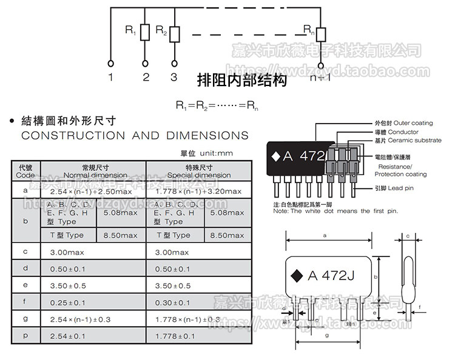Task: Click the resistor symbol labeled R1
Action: point(145,32)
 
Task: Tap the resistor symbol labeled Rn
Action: point(320,35)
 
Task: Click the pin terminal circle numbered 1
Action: point(111,62)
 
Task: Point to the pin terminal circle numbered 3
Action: point(175,62)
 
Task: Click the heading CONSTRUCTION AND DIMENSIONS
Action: point(135,135)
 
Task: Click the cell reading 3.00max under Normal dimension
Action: point(64,252)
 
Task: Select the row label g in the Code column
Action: point(25,319)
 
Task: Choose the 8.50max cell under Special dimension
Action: point(227,235)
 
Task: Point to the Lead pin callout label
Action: point(394,188)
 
